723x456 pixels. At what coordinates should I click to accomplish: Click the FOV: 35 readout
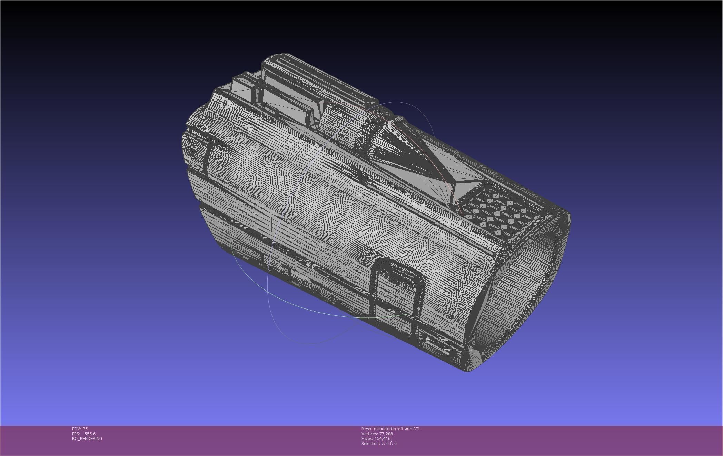click(80, 429)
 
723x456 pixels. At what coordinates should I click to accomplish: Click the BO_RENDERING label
click(87, 438)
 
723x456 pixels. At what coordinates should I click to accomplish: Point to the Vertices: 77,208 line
click(377, 434)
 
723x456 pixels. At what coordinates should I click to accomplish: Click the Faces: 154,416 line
click(376, 438)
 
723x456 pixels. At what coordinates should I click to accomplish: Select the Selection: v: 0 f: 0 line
click(379, 443)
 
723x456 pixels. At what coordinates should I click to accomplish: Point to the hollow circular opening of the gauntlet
click(517, 294)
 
